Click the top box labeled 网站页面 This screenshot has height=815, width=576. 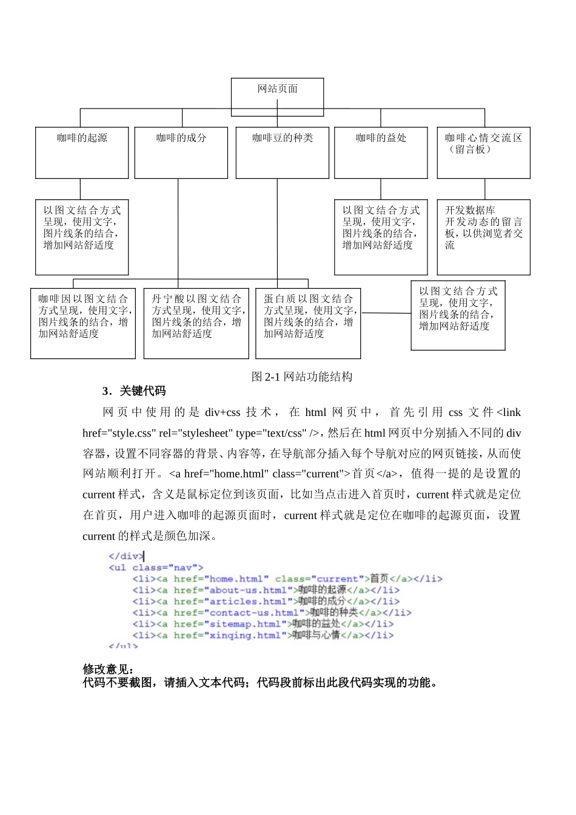[x=277, y=97]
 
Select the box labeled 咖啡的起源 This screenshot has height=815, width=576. [x=82, y=152]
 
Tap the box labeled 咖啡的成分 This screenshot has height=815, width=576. [x=181, y=152]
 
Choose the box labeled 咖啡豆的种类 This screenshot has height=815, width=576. [x=282, y=152]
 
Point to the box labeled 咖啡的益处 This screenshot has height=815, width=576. [x=381, y=152]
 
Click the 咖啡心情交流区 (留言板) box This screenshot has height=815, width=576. [x=483, y=152]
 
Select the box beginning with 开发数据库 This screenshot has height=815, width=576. [x=483, y=236]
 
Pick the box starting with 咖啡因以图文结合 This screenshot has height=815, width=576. [x=83, y=323]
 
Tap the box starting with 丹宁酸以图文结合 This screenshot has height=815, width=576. [x=196, y=323]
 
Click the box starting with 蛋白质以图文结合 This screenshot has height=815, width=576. [x=308, y=323]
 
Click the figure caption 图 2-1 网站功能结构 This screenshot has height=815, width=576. [x=302, y=377]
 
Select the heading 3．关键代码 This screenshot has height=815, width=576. [x=134, y=391]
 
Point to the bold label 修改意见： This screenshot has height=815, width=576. [x=108, y=669]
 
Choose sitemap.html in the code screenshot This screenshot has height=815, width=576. [x=245, y=624]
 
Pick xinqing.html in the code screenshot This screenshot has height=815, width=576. [x=245, y=636]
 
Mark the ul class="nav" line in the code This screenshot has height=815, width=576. [x=156, y=568]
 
